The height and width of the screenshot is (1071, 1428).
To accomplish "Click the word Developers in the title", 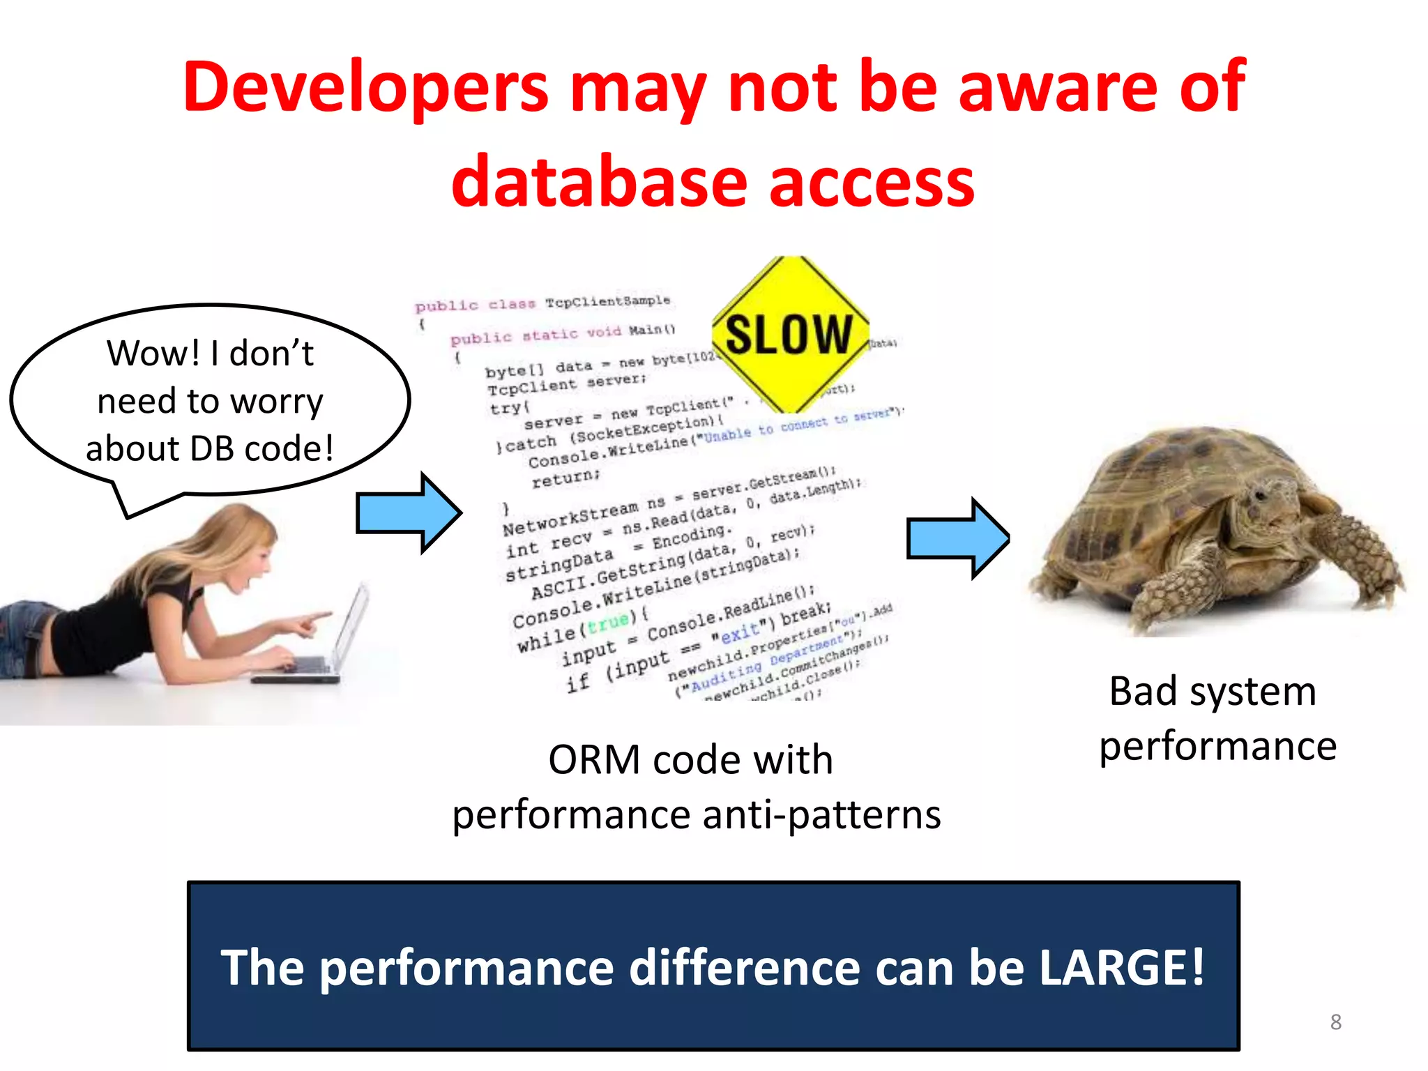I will tap(365, 87).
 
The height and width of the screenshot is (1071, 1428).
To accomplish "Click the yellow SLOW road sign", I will tap(789, 335).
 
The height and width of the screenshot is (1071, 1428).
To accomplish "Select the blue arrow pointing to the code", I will tap(408, 512).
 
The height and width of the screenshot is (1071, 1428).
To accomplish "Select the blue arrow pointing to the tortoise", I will tap(957, 538).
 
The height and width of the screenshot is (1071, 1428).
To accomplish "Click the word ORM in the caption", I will tap(593, 760).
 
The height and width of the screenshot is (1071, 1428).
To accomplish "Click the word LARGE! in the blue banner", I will tap(1121, 968).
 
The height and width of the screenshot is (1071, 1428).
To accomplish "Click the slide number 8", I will tap(1335, 1022).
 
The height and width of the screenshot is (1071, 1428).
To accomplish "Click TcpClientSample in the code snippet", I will tap(607, 301).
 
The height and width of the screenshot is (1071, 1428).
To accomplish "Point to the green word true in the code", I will tap(607, 623).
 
